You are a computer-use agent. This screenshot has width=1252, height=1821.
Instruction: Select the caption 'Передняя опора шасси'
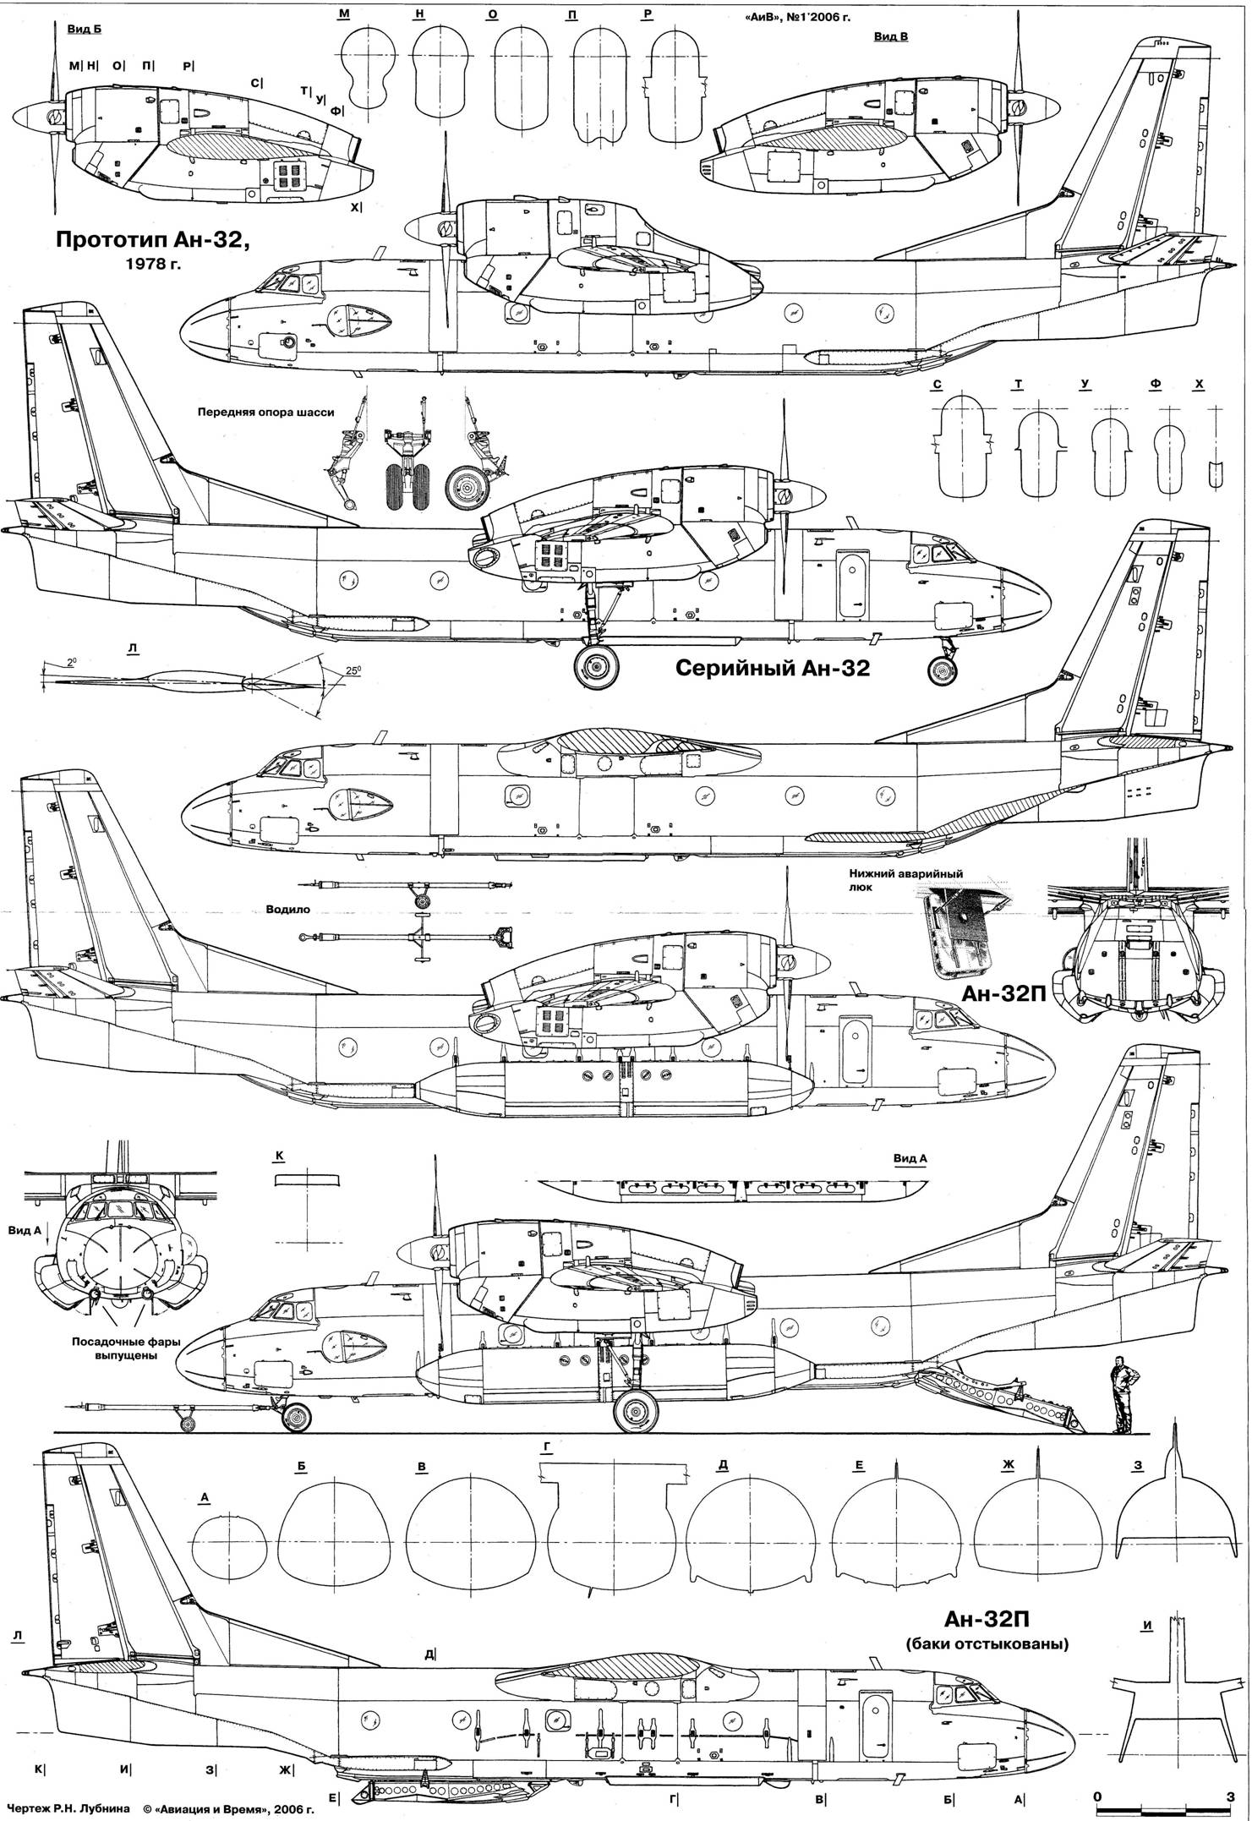click(x=266, y=413)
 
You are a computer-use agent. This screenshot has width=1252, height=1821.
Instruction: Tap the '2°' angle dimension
click(x=73, y=663)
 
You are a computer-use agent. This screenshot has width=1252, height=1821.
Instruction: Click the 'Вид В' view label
click(x=892, y=37)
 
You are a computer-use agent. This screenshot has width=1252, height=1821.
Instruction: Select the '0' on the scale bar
click(x=1096, y=1795)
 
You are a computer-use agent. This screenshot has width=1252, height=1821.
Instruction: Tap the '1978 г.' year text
click(x=153, y=263)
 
